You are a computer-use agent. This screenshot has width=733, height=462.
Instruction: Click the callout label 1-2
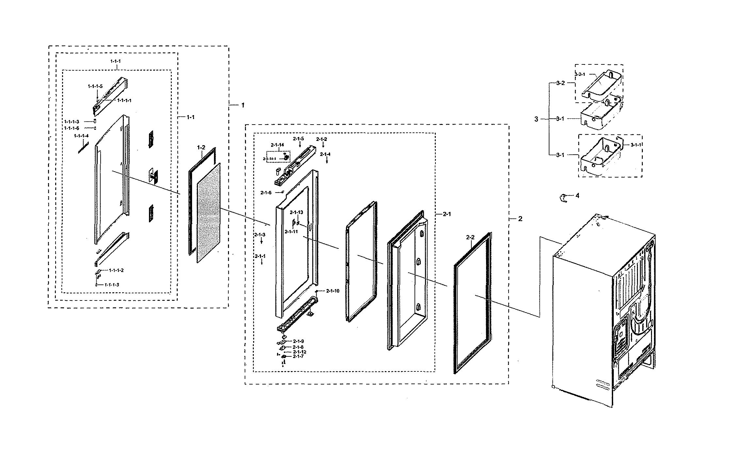point(201,147)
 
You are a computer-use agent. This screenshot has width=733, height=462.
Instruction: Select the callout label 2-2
point(470,237)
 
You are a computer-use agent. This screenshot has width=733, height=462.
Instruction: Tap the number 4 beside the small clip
point(577,196)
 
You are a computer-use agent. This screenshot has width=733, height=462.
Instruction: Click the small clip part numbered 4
point(563,197)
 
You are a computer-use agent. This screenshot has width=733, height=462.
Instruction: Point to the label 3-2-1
point(580,74)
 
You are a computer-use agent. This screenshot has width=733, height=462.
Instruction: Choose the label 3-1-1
point(636,145)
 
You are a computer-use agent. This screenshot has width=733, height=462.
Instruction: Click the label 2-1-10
point(333,291)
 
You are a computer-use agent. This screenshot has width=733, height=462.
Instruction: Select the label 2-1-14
point(277,145)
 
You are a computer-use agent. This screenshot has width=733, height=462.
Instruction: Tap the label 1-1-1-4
point(81,135)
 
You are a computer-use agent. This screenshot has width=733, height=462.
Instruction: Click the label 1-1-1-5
point(95,86)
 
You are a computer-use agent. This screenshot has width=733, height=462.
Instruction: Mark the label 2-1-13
point(296,212)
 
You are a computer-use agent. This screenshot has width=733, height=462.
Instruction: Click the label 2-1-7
point(298,356)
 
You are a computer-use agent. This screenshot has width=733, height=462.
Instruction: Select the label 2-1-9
point(298,341)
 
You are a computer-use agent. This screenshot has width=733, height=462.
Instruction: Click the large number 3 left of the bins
point(536,119)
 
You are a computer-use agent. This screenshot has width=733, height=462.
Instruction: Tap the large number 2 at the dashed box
point(520,219)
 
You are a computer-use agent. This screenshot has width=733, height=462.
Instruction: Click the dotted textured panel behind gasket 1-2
point(209,213)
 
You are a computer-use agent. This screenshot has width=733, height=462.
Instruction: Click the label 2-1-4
point(325,154)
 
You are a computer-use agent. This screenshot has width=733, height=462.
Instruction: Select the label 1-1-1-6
point(72,128)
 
